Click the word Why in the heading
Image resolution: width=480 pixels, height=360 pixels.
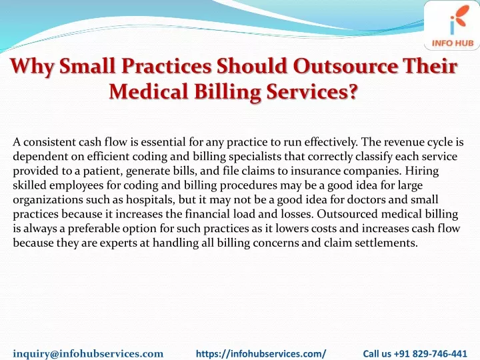pos(32,67)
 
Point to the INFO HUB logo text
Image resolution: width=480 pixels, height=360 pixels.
pos(453,43)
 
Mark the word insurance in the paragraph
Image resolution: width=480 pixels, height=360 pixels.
pos(315,171)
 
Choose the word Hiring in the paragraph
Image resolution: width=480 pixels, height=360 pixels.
pos(422,171)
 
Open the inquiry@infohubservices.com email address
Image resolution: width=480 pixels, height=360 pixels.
pos(88,353)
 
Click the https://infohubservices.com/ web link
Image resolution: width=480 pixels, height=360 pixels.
pos(261,353)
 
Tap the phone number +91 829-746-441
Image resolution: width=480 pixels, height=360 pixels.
pos(431,353)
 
